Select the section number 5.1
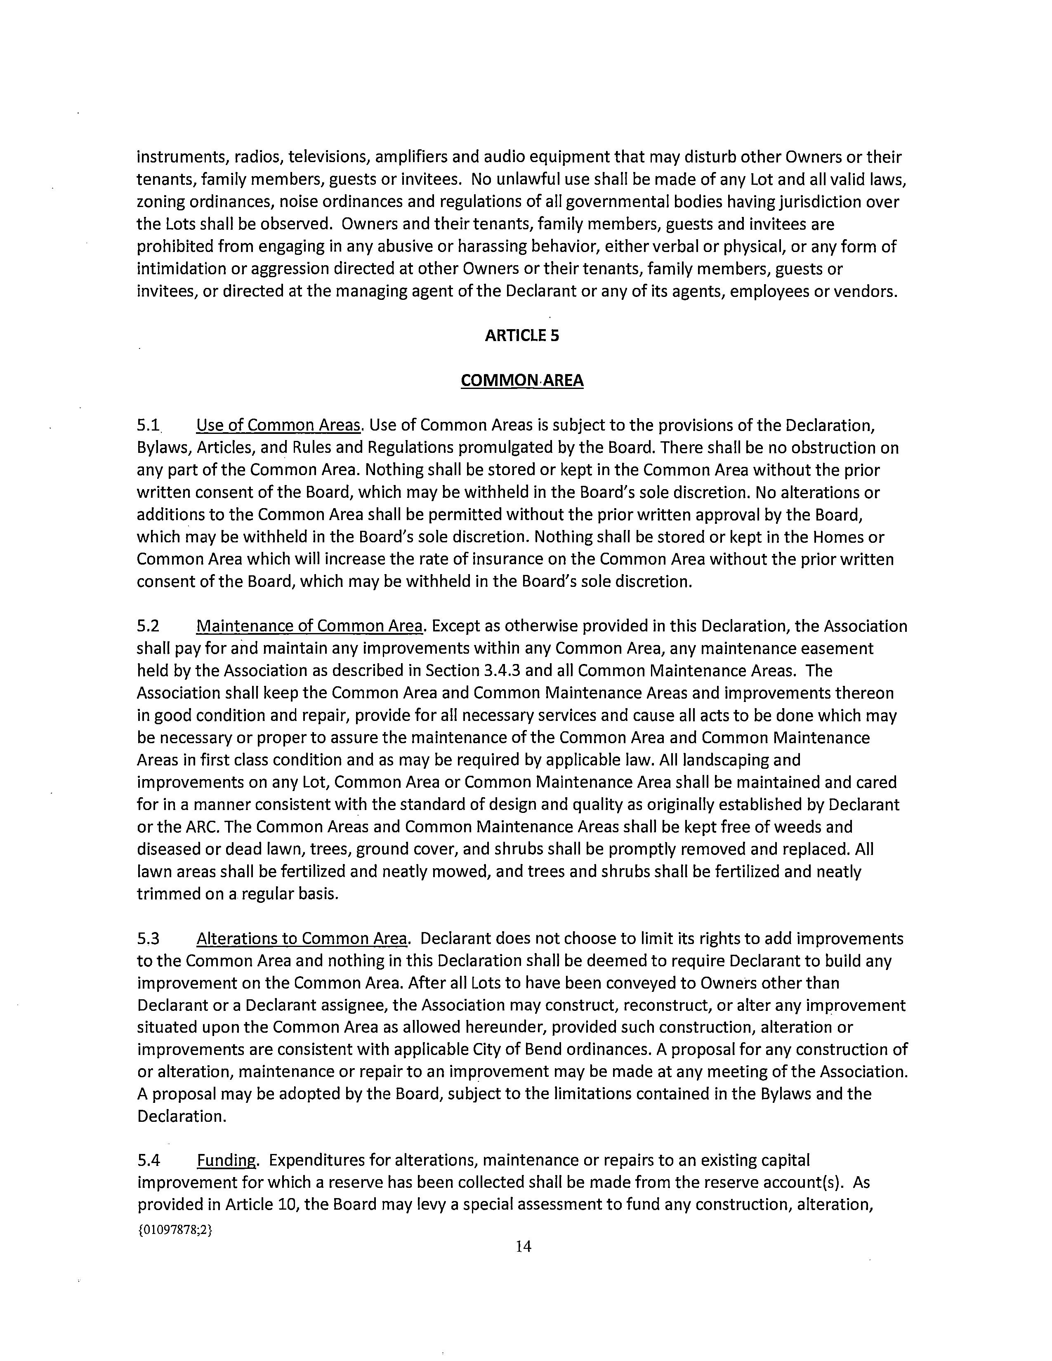(149, 426)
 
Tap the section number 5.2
(149, 626)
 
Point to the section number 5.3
(149, 939)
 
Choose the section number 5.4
(149, 1160)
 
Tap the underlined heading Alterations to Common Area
(302, 939)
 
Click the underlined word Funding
(226, 1160)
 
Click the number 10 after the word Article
(284, 1205)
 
